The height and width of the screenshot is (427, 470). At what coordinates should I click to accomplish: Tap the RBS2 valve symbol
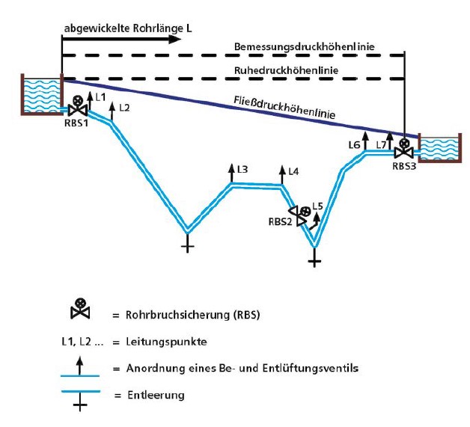302,215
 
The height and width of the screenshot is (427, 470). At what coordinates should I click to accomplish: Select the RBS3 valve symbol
405,149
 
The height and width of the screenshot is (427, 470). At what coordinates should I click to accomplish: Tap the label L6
355,144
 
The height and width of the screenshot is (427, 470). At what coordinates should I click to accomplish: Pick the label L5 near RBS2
318,205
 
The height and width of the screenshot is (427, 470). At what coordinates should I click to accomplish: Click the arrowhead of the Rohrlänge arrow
177,37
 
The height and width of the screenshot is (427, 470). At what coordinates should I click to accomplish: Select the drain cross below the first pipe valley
187,244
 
